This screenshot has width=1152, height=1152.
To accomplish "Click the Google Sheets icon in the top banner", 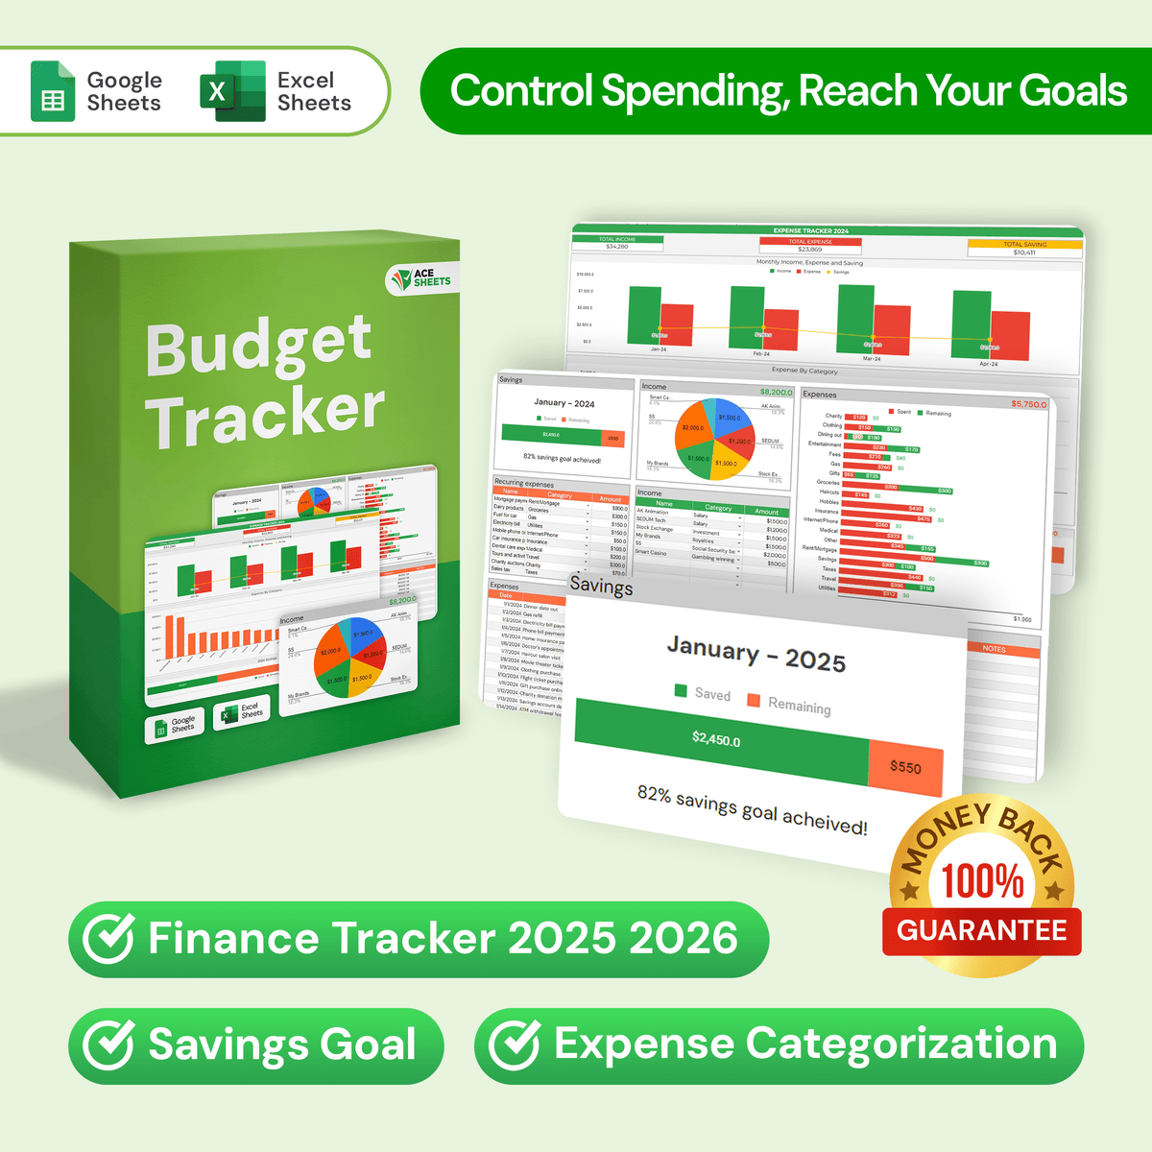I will click(53, 91).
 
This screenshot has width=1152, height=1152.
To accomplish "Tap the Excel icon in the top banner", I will click(232, 91).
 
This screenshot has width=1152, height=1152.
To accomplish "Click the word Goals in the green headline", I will click(1072, 91).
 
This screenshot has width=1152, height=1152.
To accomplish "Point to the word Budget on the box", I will click(258, 346).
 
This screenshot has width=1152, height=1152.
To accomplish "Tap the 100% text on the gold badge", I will click(982, 881).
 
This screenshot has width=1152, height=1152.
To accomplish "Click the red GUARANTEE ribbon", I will click(981, 931).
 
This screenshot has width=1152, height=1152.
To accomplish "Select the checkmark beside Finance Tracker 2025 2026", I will click(108, 939).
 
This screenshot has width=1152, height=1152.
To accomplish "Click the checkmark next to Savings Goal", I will click(108, 1045).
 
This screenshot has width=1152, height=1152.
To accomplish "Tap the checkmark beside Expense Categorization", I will click(514, 1045).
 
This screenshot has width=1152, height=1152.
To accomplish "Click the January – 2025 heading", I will click(756, 655).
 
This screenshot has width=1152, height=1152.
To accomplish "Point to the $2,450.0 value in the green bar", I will click(716, 739).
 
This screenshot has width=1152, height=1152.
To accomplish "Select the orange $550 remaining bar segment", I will click(904, 767).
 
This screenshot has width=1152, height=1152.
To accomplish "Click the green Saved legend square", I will click(681, 690).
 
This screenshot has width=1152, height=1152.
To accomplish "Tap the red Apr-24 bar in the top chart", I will click(1010, 336).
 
